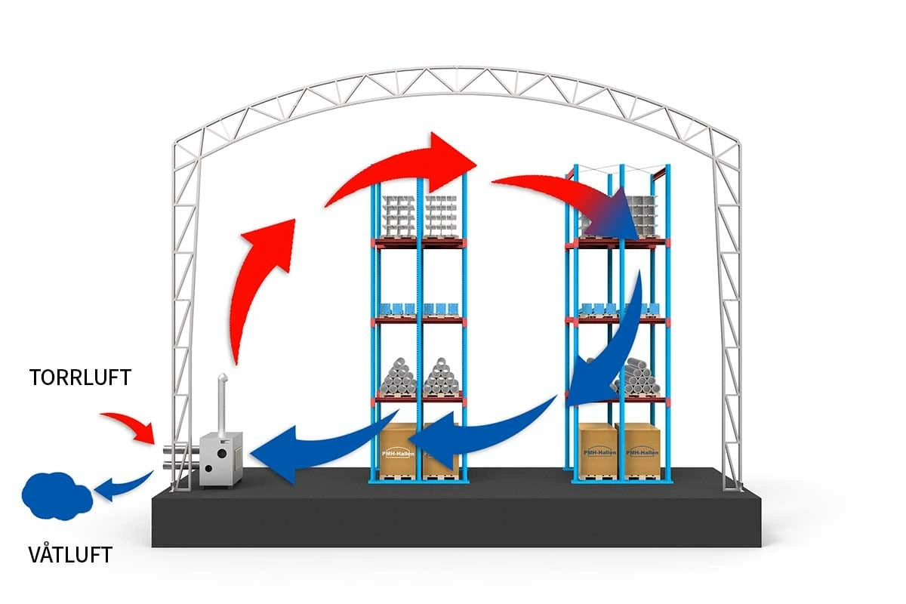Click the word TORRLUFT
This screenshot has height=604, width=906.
tap(81, 377)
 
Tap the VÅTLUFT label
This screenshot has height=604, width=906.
tap(70, 556)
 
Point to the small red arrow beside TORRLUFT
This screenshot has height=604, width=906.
tap(129, 426)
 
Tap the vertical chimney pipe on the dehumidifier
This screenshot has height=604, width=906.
tap(223, 404)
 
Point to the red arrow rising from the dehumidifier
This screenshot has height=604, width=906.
tap(260, 279)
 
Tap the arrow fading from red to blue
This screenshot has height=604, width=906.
tap(581, 200)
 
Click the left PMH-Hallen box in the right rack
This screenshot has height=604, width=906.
tap(598, 451)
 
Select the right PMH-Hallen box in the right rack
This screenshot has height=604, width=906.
tap(640, 451)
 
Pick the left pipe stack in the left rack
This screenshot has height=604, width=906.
tap(399, 377)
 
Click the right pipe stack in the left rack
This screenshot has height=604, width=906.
tap(442, 377)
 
